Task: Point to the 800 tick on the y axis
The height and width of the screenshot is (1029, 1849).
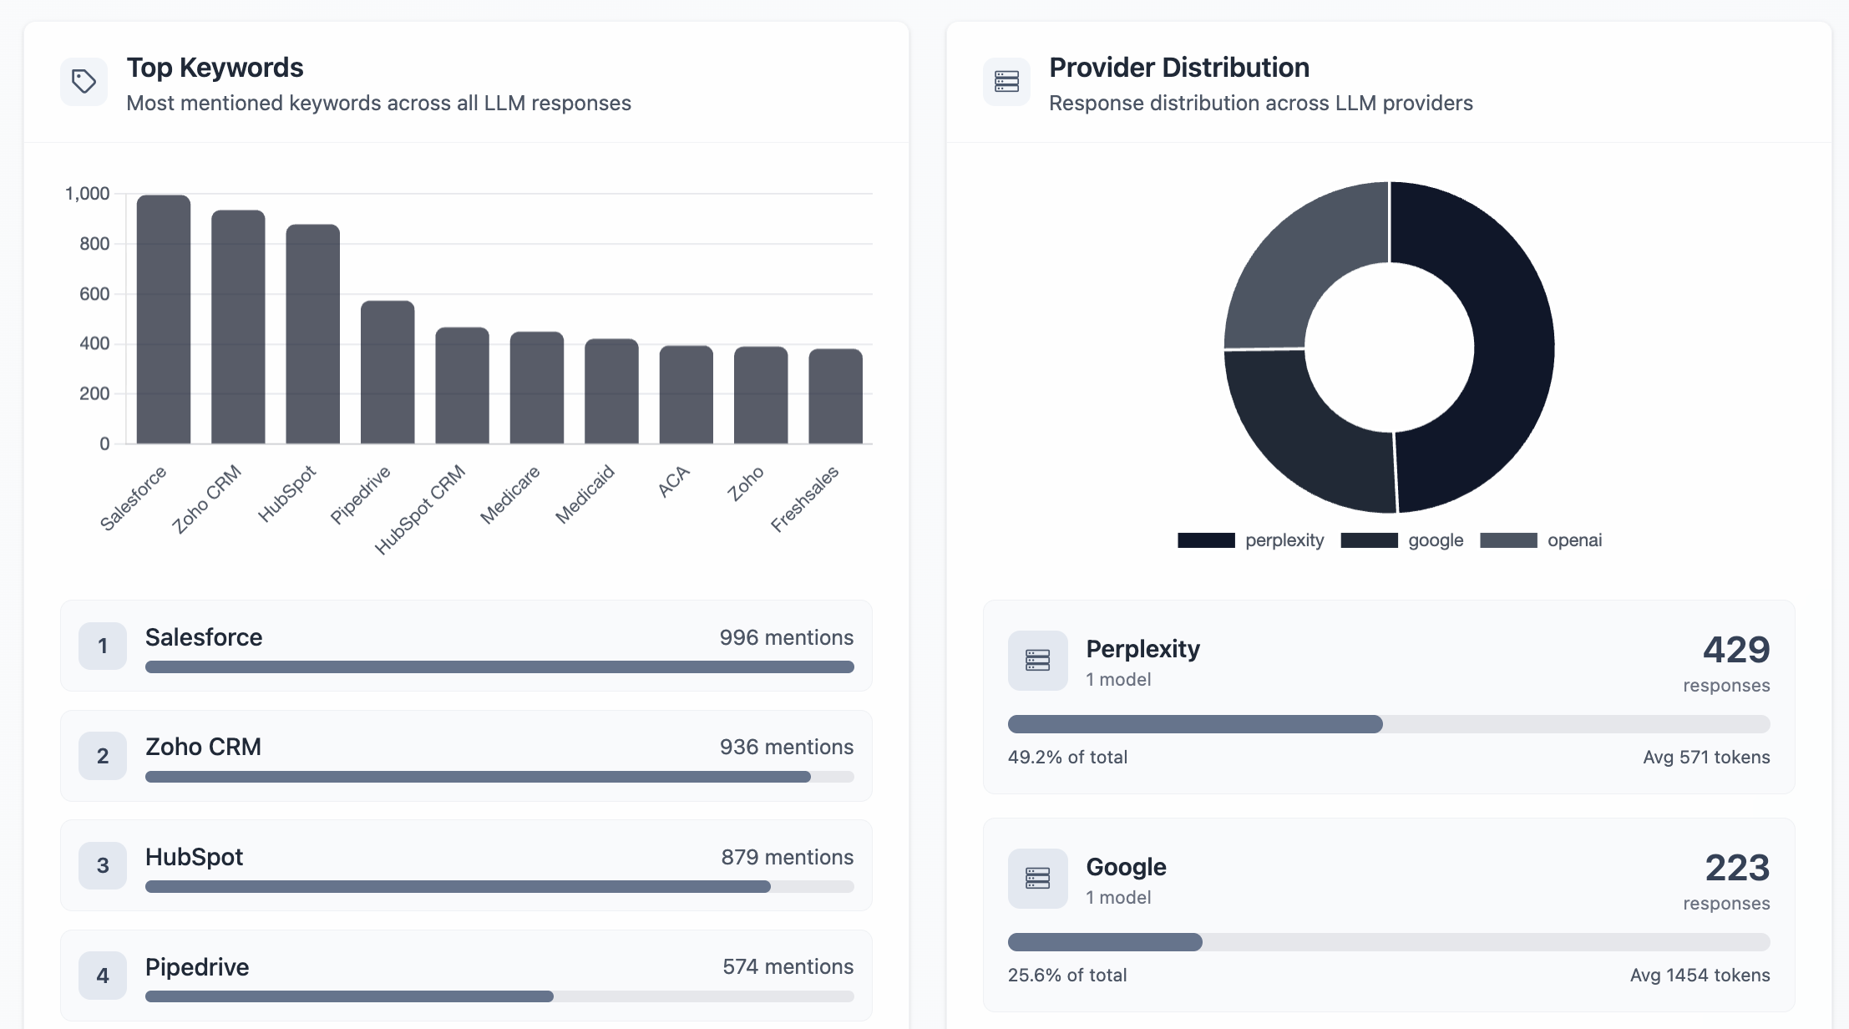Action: [x=94, y=244]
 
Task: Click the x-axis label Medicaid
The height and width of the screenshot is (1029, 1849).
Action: [x=585, y=494]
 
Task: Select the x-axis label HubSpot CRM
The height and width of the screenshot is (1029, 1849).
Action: [x=420, y=509]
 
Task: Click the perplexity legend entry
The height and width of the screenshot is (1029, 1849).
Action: [x=1250, y=540]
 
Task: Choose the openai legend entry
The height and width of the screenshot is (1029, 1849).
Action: [x=1541, y=540]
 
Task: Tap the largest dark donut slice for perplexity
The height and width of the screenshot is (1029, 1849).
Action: [x=1503, y=351]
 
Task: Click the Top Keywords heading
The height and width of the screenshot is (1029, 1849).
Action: [x=215, y=68]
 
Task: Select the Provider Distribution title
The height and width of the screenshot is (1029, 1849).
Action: [x=1178, y=68]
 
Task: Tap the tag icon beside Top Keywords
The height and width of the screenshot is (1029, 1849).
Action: [x=84, y=82]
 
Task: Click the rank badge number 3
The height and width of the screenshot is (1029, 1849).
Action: [x=103, y=865]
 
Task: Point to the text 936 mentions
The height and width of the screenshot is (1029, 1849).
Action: [x=786, y=747]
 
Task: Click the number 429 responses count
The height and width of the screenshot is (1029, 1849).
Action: [x=1735, y=650]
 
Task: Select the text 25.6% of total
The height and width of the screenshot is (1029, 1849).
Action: [x=1066, y=975]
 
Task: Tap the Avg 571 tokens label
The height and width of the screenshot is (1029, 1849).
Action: [x=1705, y=757]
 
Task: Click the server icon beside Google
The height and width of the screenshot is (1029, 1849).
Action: [x=1037, y=879]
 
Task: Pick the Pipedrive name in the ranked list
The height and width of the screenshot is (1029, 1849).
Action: [x=197, y=967]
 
